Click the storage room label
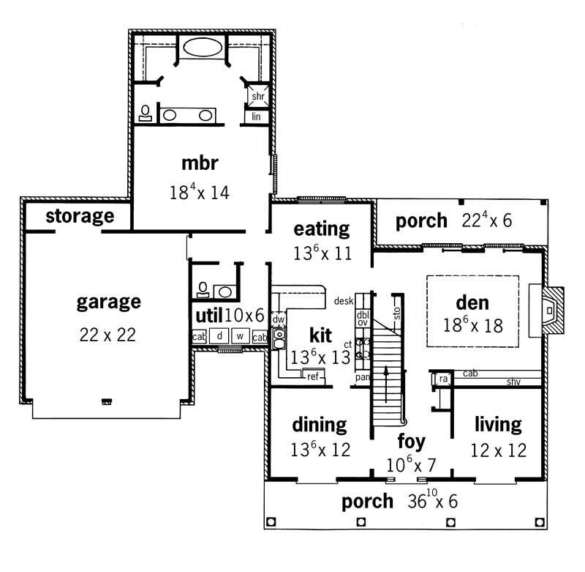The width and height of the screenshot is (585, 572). point(80,216)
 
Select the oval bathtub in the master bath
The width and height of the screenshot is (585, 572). point(205,48)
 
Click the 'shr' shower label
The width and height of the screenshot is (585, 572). point(257,97)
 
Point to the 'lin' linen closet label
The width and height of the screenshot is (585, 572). point(257,116)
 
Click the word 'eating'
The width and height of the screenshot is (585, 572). point(321,228)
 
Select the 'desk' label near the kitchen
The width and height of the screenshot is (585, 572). point(343,301)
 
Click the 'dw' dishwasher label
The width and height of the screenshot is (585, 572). point(278,319)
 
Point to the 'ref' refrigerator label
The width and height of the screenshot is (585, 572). point(313,376)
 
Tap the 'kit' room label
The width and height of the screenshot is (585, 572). point(320,335)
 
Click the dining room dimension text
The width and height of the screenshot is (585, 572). point(320,449)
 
